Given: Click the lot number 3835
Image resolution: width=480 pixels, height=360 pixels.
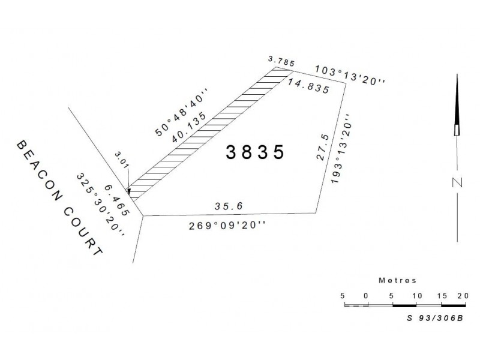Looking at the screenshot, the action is tap(255, 152).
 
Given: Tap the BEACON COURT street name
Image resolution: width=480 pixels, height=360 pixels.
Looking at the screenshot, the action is tap(59, 198).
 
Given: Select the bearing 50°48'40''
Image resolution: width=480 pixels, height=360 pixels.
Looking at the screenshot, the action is tap(182, 112).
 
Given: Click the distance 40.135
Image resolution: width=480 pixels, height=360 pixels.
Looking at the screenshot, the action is tap(189, 127).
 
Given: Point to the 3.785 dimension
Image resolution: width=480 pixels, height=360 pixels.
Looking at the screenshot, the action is tap(281, 61).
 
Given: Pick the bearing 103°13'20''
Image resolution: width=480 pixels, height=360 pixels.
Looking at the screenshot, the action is tap(350, 74).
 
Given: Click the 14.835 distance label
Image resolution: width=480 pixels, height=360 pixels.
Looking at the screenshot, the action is tap(308, 86).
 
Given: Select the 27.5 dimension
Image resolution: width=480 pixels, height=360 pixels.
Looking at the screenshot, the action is tap(323, 147).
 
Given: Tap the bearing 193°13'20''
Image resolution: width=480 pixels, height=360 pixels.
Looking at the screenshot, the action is tap(341, 149).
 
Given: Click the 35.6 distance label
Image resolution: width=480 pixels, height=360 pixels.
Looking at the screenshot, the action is tap(229, 206).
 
